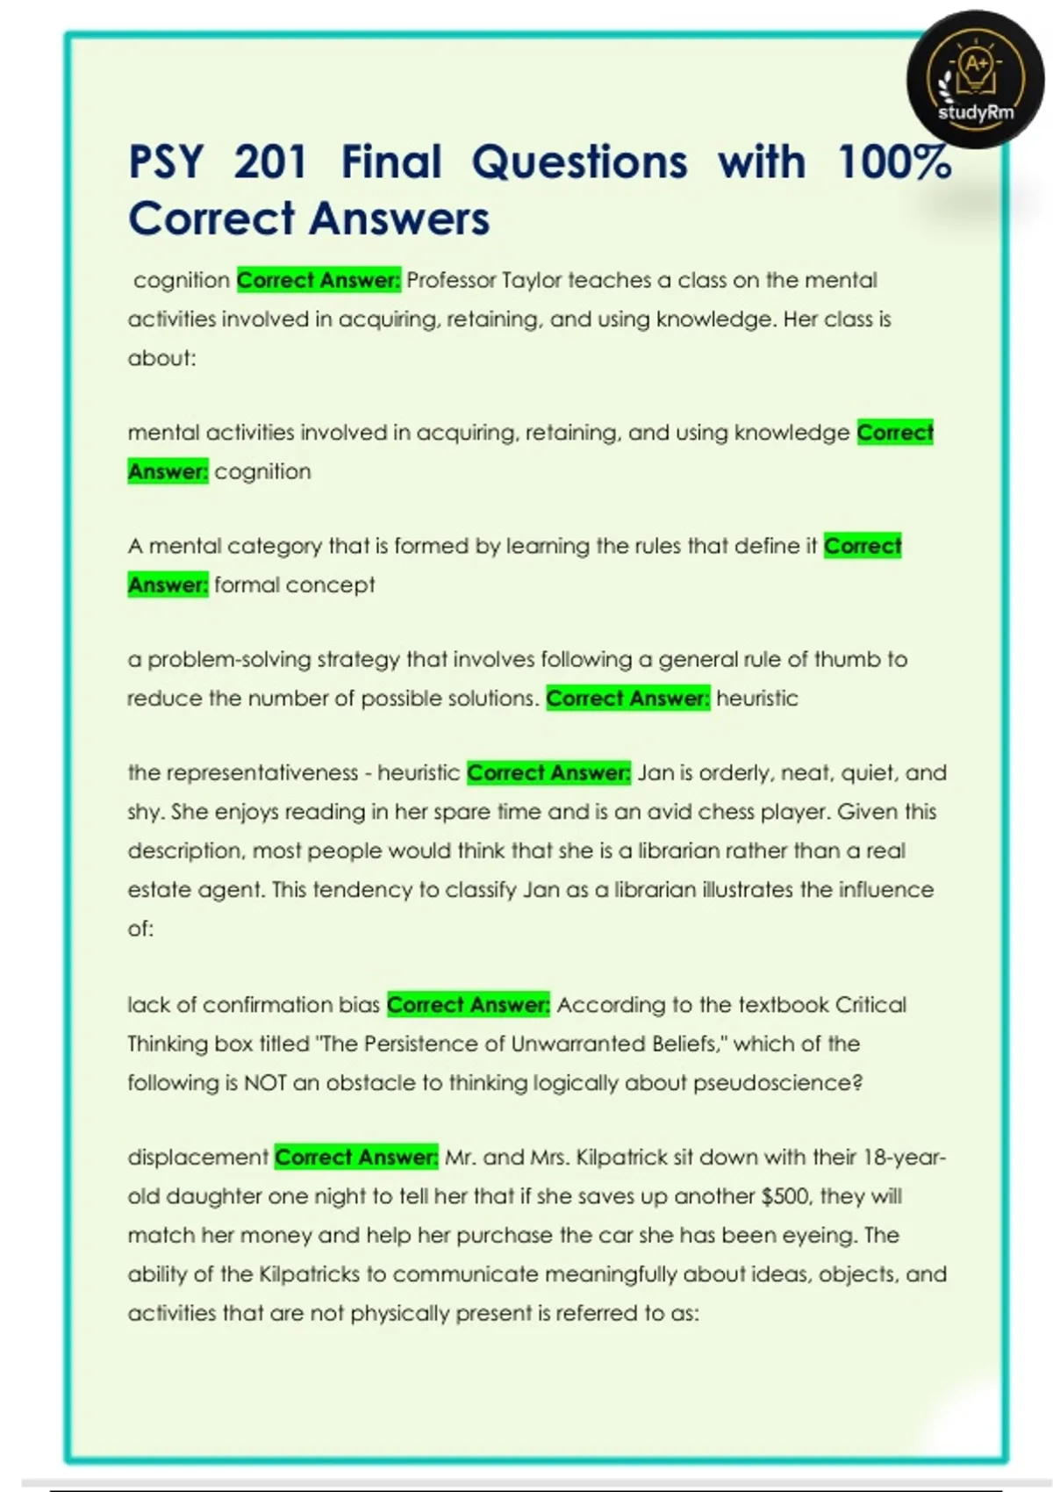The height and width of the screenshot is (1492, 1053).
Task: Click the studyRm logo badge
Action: coord(975,80)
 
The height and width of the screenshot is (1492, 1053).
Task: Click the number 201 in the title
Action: coord(270,162)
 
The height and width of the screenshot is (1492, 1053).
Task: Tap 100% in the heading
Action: coord(894,162)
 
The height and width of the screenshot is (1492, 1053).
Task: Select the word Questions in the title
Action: coord(579,162)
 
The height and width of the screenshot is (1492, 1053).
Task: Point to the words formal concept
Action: coord(295,585)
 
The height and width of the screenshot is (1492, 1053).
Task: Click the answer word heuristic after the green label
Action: coord(757,699)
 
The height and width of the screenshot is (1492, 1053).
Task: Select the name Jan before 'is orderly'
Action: coord(655,773)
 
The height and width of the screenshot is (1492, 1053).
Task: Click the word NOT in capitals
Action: coord(265,1083)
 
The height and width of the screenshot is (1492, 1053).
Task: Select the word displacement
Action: coord(197,1158)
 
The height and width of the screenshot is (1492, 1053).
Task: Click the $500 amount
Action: coord(785,1196)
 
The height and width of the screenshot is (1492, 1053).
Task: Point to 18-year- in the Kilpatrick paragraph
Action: coord(904,1158)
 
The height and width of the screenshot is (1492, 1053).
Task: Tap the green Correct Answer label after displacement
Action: coord(356,1158)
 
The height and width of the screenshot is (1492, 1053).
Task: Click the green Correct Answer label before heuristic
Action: coord(627,699)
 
